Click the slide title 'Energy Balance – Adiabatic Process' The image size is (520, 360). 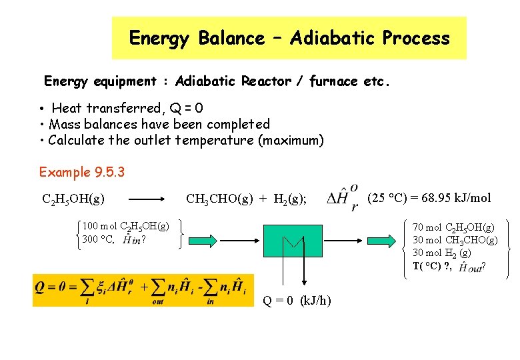click(x=289, y=38)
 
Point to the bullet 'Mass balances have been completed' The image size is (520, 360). click(x=159, y=124)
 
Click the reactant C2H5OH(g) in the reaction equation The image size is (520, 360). click(x=73, y=199)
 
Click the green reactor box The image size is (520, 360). click(x=293, y=241)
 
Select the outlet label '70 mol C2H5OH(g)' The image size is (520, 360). click(x=453, y=228)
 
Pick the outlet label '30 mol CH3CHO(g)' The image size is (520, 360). click(x=455, y=240)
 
